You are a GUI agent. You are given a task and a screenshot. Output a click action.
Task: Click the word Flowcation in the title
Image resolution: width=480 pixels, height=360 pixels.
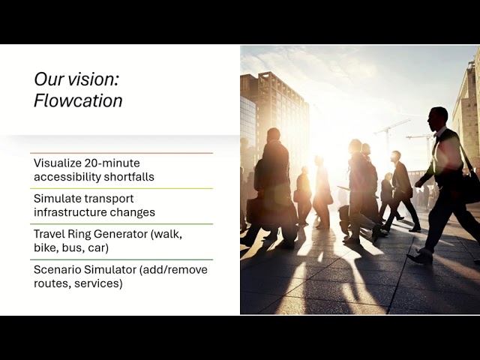(x=78, y=100)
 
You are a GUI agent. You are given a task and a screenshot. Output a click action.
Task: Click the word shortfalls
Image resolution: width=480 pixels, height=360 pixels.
(x=129, y=177)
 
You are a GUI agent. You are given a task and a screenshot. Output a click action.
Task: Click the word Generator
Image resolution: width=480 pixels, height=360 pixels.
(x=121, y=234)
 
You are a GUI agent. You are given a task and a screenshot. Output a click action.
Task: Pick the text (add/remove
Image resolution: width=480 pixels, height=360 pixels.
(x=173, y=270)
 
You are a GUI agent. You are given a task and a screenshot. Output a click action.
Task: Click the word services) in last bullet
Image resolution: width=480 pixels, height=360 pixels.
(x=98, y=283)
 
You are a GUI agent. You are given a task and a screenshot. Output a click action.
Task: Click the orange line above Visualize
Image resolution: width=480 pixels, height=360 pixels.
(x=121, y=153)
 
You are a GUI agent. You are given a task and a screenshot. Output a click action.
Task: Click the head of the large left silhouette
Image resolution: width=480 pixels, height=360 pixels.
(x=273, y=135)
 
